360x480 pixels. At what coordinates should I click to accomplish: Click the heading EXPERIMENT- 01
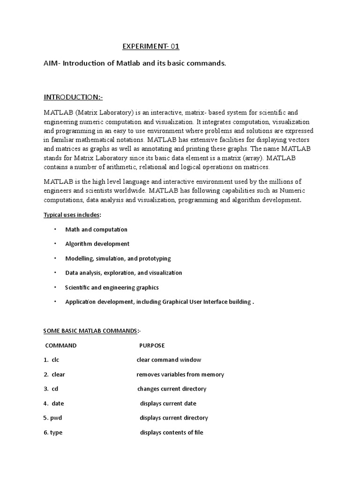[151, 46]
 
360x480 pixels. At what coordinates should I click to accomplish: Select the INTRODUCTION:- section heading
[73, 97]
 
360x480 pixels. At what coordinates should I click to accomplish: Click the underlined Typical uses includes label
[71, 215]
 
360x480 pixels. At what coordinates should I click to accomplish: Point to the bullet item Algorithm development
[97, 244]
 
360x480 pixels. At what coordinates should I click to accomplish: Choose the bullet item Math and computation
[96, 230]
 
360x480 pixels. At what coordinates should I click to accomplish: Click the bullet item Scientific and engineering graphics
[112, 287]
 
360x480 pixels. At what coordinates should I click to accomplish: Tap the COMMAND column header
[60, 345]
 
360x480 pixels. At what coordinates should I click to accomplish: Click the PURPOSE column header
[152, 345]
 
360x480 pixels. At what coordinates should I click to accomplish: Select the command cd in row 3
[55, 389]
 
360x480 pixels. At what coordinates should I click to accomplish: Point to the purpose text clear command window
[169, 360]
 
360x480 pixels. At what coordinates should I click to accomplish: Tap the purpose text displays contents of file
[172, 433]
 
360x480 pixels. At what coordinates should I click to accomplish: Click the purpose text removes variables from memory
[180, 375]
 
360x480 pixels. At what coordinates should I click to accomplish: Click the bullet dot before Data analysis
[55, 272]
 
